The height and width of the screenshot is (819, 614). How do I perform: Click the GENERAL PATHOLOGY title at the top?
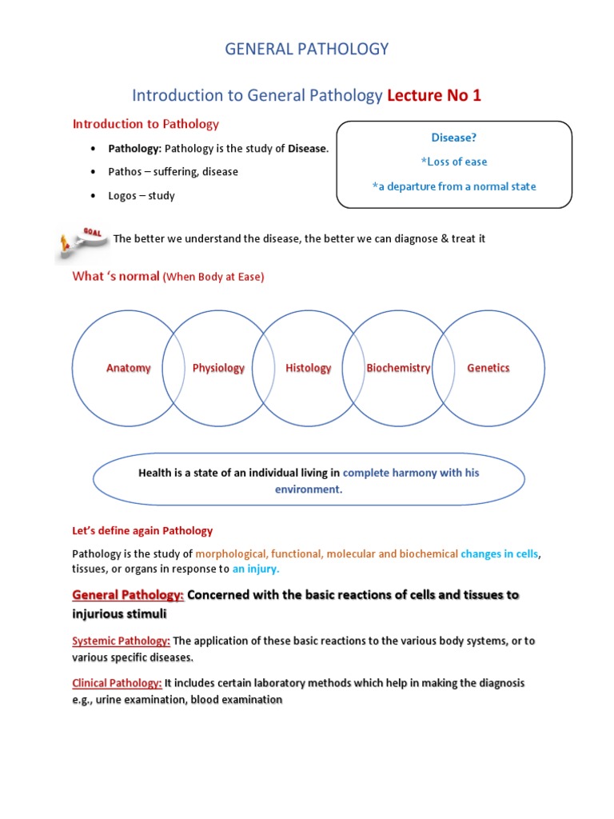point(306,50)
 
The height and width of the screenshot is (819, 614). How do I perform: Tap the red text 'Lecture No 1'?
point(434,96)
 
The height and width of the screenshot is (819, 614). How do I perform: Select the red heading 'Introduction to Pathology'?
point(146,124)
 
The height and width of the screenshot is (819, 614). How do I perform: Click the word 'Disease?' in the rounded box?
point(454,138)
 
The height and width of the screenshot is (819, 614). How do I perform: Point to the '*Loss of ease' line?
point(454,162)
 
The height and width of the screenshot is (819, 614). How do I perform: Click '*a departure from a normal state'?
point(454,186)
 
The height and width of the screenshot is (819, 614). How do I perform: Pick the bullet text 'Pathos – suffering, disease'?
point(173,172)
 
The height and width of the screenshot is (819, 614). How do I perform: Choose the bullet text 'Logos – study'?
point(142,196)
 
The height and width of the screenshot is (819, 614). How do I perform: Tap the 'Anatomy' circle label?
point(129,368)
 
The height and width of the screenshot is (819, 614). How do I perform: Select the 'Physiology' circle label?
point(218,368)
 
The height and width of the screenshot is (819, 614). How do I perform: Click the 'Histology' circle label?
point(308,368)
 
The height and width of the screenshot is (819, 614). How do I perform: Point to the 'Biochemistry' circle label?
point(398,368)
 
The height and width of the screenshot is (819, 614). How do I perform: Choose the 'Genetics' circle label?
point(488,368)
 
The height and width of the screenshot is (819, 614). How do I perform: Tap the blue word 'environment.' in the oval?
point(309,489)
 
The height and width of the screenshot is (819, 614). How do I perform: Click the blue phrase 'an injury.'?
point(256,569)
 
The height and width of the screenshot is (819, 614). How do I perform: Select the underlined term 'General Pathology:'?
point(128,596)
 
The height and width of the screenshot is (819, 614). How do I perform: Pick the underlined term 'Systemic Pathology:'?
point(121,641)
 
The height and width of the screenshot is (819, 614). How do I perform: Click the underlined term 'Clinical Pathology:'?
point(117,683)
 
